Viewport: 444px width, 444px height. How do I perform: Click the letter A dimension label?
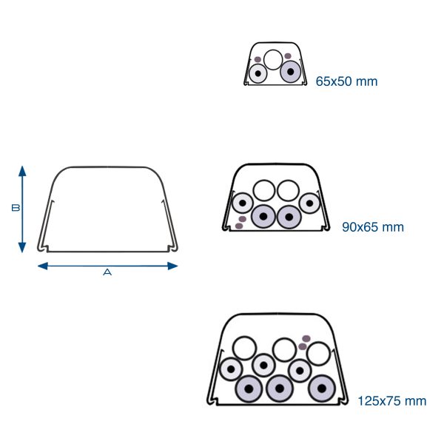pos(107,272)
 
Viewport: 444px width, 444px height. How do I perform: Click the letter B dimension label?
pos(16,208)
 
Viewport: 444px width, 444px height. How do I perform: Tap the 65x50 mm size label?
pos(346,81)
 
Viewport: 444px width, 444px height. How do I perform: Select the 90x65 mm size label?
pos(373,227)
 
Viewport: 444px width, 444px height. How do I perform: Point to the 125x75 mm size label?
pos(392,401)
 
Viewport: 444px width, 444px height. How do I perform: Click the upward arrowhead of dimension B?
pos(22,171)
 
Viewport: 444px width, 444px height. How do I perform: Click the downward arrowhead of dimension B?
pos(22,247)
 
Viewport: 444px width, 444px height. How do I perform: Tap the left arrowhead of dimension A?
pos(43,266)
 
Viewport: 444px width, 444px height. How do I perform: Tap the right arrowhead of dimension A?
pos(172,266)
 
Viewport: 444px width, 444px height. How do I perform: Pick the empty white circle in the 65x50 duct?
pos(273,59)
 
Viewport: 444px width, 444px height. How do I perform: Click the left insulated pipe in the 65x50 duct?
pos(258,73)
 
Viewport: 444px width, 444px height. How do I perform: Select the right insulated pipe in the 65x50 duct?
pos(291,72)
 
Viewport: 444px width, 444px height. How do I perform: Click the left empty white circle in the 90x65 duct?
pos(264,191)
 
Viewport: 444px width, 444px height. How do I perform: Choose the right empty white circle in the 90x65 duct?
pos(289,191)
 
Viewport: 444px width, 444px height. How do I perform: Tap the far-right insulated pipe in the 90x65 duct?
pos(310,203)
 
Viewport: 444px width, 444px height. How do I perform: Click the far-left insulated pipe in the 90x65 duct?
pos(243,203)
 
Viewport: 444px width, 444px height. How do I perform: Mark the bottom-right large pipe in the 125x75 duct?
pos(322,388)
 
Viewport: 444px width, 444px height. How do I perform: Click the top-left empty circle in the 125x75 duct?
pos(244,349)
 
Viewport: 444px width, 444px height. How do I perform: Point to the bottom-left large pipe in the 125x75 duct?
pos(249,388)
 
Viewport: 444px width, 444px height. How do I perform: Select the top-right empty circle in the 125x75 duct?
pos(318,354)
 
